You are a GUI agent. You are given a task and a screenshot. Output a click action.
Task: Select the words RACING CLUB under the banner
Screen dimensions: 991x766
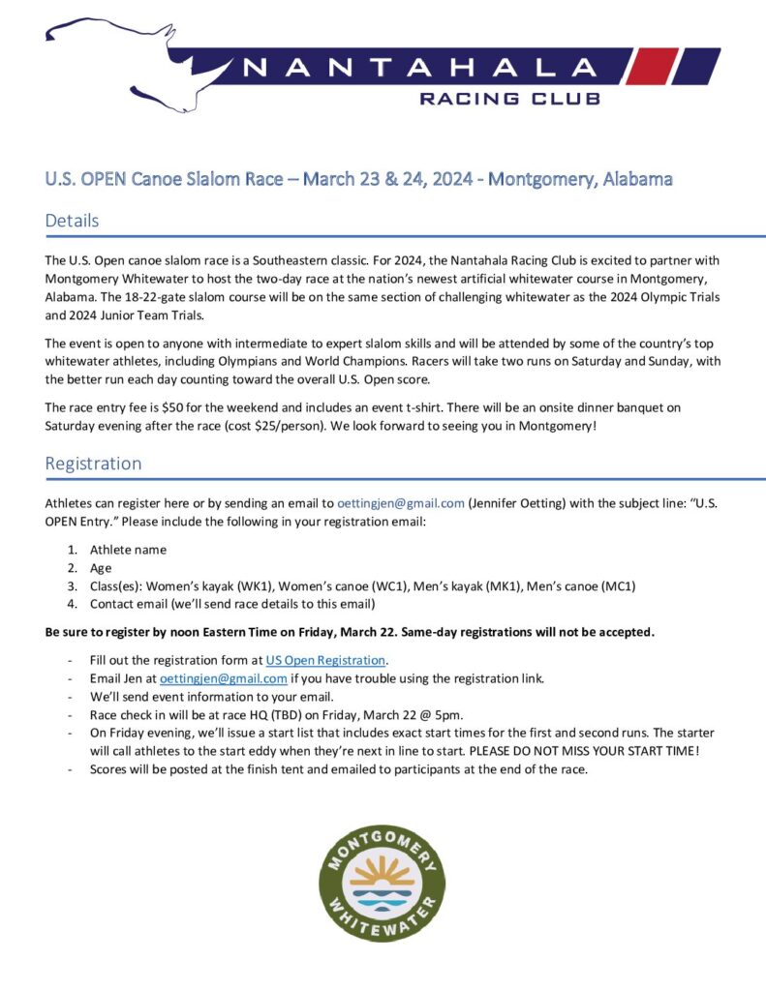509,98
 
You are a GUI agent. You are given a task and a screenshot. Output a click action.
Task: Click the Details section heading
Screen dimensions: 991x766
72,221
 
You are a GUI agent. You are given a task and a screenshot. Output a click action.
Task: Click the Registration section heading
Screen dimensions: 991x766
93,463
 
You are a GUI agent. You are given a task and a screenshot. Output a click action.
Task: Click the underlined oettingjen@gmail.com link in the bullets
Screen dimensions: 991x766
223,678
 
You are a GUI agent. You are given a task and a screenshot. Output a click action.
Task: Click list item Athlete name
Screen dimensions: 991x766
128,550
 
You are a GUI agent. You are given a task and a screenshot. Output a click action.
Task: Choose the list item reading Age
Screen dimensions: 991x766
101,568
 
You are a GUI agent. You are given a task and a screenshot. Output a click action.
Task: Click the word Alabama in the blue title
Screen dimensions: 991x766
637,179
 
